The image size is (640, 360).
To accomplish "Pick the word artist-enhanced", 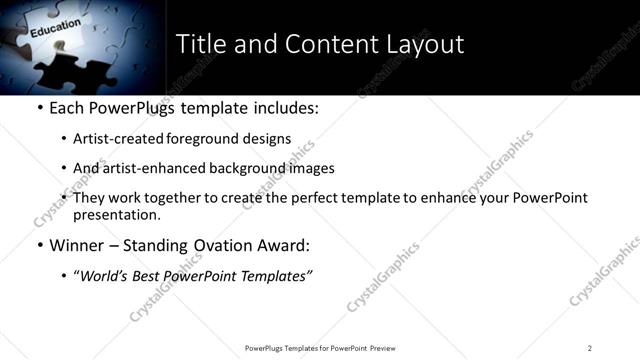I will [x=150, y=169].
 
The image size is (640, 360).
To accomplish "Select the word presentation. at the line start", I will [x=117, y=215].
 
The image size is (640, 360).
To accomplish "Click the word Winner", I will [x=76, y=245].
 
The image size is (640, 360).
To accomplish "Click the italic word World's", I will [x=105, y=276].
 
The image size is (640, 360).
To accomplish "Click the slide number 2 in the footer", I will [x=590, y=348].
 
